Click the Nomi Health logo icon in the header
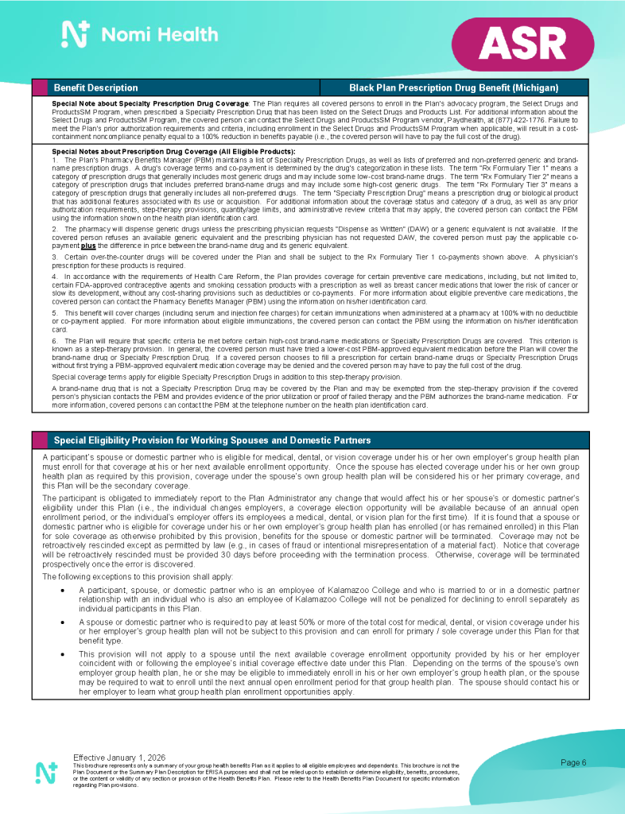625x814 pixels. (75, 34)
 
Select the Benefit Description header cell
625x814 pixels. (95, 87)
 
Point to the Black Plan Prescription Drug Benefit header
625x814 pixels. (453, 87)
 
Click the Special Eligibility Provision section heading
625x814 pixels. (212, 440)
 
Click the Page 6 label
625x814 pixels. (573, 763)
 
